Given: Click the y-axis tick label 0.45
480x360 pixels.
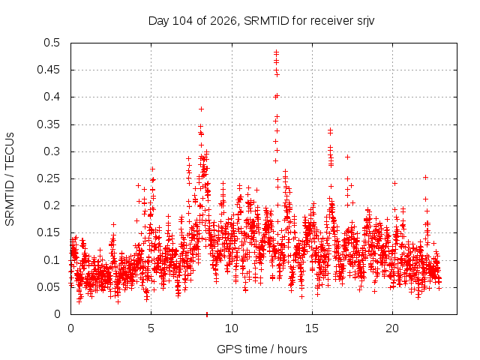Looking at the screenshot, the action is pos(48,70).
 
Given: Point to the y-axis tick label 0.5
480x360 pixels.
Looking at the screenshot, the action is pos(52,43).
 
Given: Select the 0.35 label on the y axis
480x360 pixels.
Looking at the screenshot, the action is pos(48,124).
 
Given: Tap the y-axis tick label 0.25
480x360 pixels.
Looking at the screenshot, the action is pos(48,178).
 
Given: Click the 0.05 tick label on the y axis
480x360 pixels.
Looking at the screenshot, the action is pos(48,287).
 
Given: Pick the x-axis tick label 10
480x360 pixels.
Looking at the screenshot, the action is pos(232,328).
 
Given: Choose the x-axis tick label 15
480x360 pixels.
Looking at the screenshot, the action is pos(312,328).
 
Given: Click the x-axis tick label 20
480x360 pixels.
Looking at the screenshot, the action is pos(392,328).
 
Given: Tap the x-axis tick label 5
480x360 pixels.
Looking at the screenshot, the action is pos(151,328).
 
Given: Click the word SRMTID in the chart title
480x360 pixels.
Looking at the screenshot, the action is pos(266,21).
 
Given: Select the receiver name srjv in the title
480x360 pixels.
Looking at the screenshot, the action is pos(366,22).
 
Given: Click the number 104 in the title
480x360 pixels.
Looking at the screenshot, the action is pos(183,21).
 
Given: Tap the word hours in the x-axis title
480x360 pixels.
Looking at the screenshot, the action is pos(292,349).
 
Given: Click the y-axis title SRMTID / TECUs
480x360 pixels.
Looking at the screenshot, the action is pos(10,179).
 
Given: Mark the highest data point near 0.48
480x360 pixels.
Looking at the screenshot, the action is pos(276,52).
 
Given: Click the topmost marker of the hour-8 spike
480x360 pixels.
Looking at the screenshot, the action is pos(201,109).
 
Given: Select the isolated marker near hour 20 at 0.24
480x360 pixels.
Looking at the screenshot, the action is pos(395,183).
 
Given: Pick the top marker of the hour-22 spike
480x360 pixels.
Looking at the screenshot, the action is pos(425,177).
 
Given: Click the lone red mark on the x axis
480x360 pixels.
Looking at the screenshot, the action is pos(207,315).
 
